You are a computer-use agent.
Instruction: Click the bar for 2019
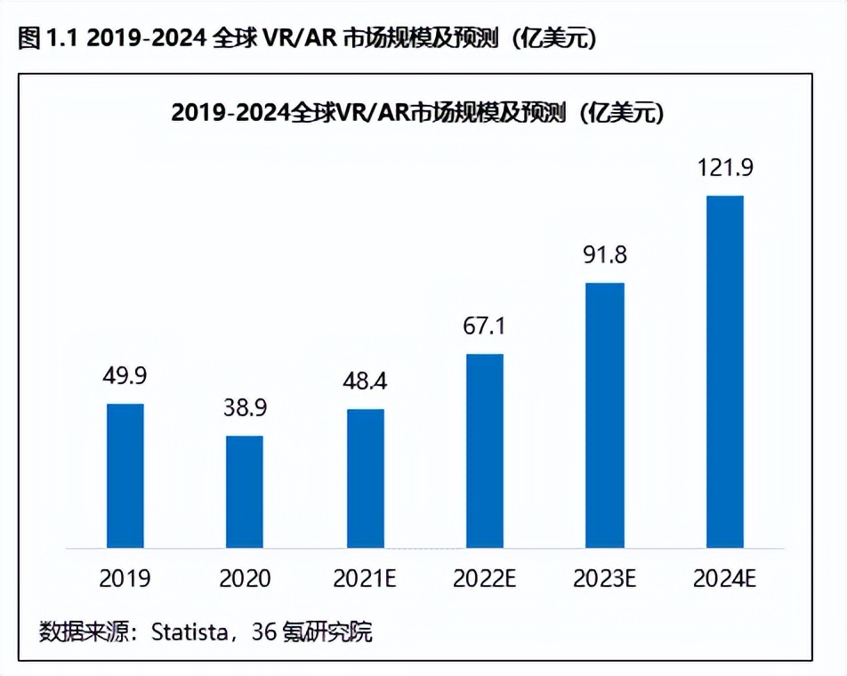pyautogui.click(x=125, y=475)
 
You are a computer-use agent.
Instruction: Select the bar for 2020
pyautogui.click(x=245, y=491)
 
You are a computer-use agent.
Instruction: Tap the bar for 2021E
pyautogui.click(x=365, y=478)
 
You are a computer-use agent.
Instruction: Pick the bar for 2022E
pyautogui.click(x=485, y=450)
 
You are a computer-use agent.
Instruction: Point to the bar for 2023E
pyautogui.click(x=605, y=414)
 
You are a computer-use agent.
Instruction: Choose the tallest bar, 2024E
pyautogui.click(x=724, y=371)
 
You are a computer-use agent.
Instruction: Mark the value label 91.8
pyautogui.click(x=605, y=255)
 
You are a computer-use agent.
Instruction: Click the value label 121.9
pyautogui.click(x=724, y=168)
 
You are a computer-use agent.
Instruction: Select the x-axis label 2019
pyautogui.click(x=125, y=578)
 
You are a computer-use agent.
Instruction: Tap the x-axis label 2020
pyautogui.click(x=245, y=578)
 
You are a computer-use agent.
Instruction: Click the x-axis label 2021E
pyautogui.click(x=365, y=578)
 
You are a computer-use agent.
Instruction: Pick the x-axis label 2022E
pyautogui.click(x=485, y=578)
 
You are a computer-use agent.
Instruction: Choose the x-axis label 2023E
pyautogui.click(x=605, y=578)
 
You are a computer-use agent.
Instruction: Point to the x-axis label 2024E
pyautogui.click(x=724, y=578)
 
